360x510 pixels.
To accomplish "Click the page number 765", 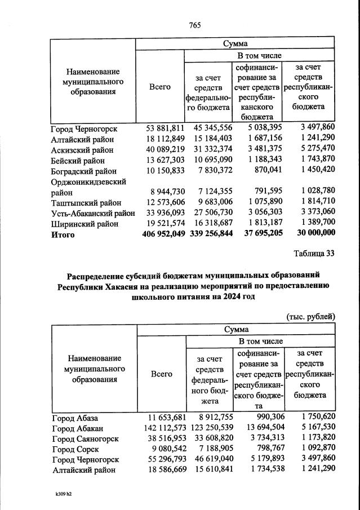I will coord(195,25).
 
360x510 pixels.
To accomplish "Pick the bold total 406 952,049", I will coord(162,234).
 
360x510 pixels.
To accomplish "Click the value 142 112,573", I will coord(162,428).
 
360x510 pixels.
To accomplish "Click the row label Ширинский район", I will coord(85,224).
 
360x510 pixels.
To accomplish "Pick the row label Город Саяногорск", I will coord(85,439).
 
